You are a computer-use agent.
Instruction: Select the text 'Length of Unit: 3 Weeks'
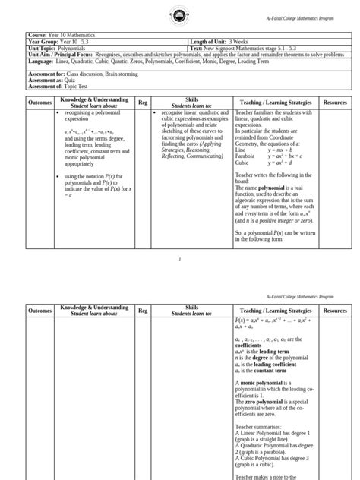point(216,41)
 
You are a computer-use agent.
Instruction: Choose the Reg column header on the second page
point(143,311)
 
